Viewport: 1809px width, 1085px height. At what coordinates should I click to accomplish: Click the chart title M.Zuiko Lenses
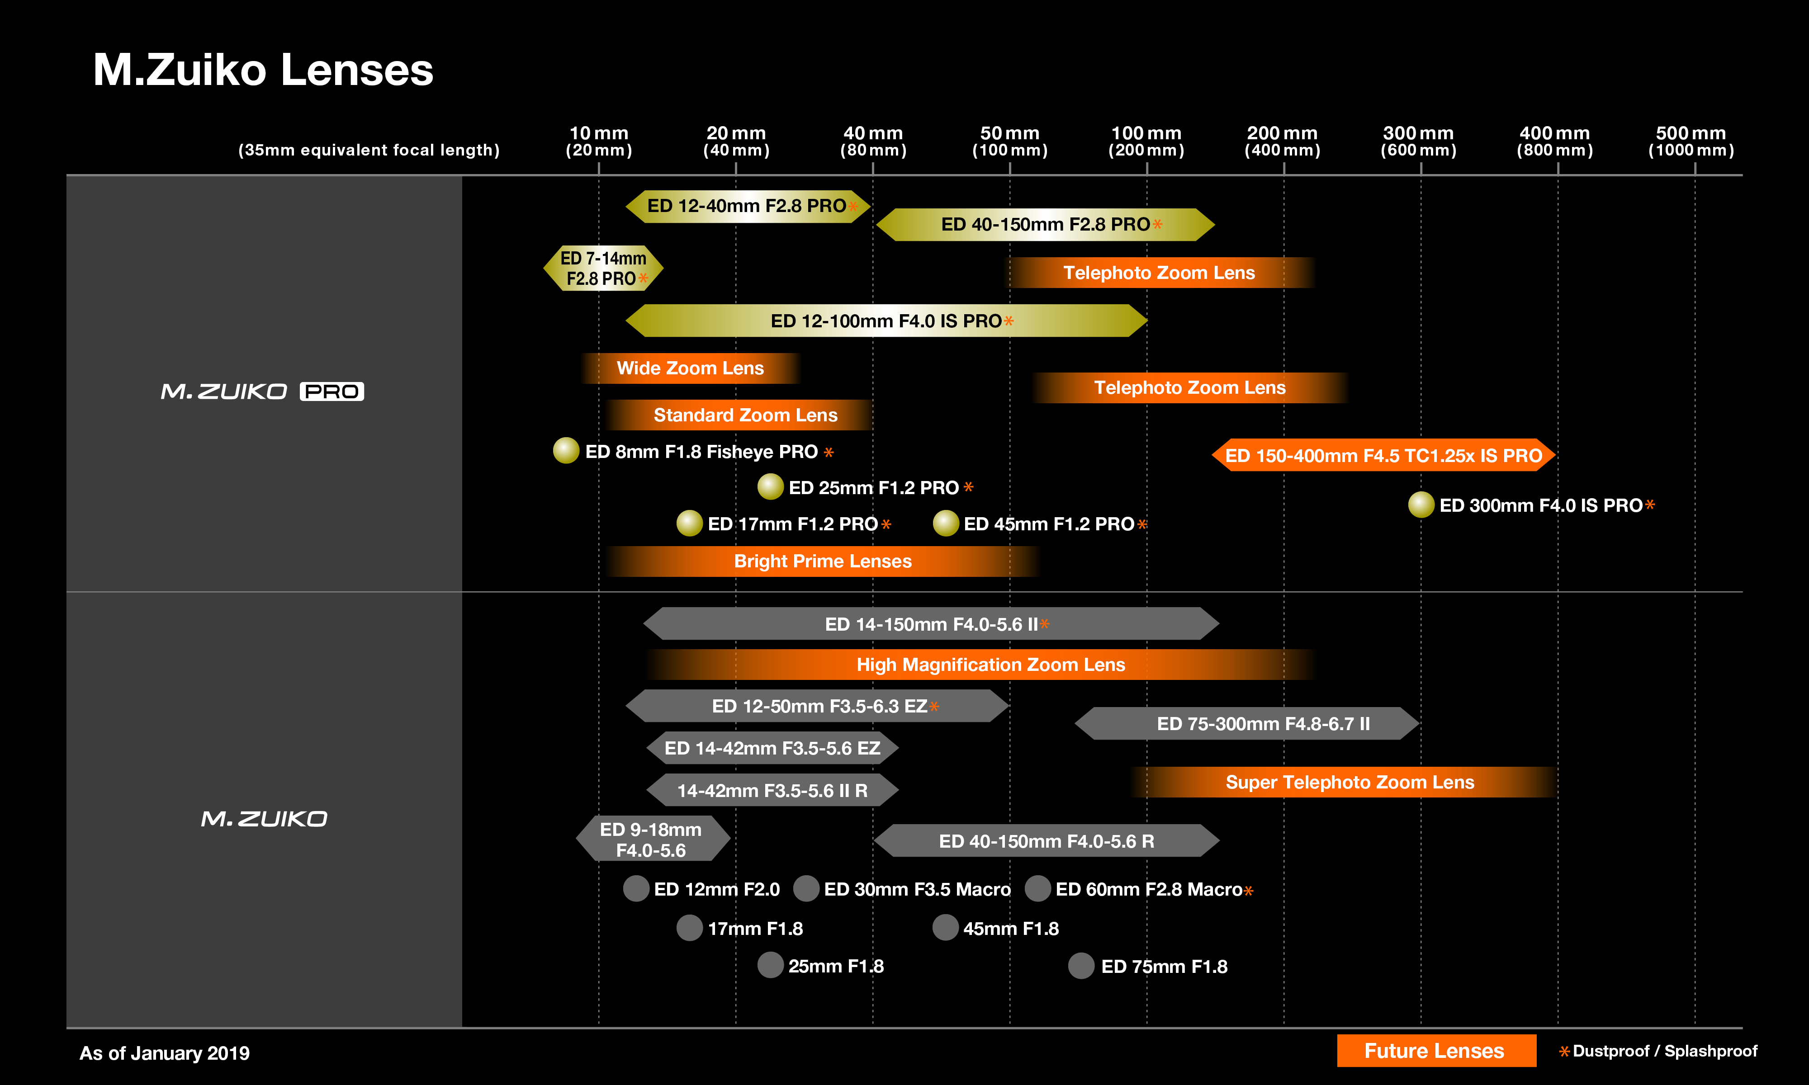point(263,70)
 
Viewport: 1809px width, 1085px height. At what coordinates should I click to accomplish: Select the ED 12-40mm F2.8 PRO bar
point(747,206)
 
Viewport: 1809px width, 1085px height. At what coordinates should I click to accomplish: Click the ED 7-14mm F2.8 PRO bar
point(603,269)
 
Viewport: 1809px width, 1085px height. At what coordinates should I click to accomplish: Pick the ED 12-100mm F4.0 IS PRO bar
point(886,321)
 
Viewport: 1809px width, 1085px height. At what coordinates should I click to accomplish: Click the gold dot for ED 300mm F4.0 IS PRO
point(1421,505)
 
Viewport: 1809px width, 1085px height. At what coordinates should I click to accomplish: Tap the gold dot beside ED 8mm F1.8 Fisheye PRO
point(566,450)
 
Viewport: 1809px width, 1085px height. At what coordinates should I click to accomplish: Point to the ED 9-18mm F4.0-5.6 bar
point(652,840)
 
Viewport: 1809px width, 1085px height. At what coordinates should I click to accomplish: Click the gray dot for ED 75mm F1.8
point(1081,966)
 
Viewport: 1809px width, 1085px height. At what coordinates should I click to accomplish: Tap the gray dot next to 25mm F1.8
point(770,965)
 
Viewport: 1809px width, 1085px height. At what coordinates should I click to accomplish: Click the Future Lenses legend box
point(1435,1051)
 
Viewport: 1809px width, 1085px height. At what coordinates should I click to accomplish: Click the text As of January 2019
point(165,1053)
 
